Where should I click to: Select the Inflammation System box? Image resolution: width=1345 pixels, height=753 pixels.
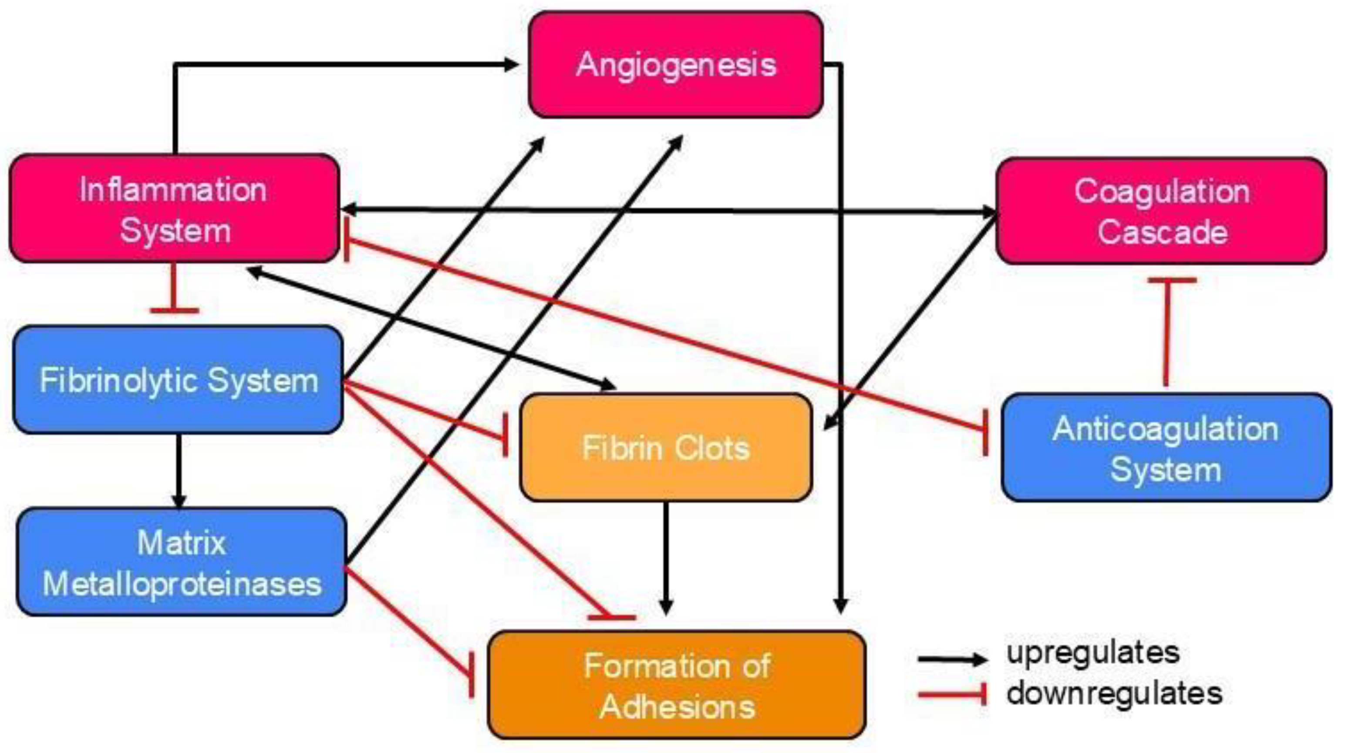pos(174,209)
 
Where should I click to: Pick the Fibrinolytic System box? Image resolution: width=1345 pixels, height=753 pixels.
pos(178,380)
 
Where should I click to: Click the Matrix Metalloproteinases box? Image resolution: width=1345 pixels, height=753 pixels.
pos(181,562)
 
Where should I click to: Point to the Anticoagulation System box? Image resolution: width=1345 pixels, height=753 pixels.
pos(1165,448)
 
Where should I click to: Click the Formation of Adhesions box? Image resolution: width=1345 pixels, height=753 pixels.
pos(677,685)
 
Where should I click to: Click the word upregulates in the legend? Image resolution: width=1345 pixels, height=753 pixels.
pos(1093,653)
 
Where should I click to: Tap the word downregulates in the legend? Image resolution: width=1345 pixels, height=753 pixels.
pos(1114,693)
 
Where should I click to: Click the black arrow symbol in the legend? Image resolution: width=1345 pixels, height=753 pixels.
pos(952,659)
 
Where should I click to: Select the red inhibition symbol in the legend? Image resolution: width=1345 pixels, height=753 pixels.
pos(952,695)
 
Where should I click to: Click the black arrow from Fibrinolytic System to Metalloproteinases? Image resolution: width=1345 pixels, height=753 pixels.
pos(179,470)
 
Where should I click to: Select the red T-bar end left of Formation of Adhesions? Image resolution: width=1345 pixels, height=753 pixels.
pos(472,674)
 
